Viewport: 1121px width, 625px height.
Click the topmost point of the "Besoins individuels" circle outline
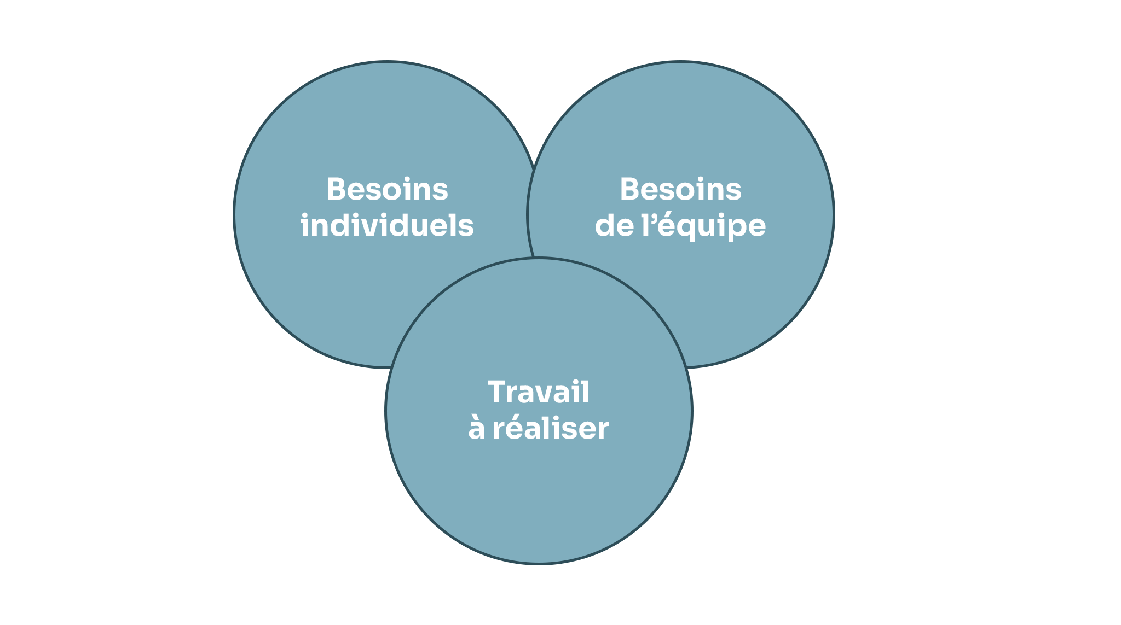click(387, 62)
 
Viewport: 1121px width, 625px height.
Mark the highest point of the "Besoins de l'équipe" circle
click(680, 62)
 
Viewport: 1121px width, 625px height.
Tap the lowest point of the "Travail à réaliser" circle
click(539, 563)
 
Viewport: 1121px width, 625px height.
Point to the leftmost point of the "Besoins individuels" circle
click(234, 214)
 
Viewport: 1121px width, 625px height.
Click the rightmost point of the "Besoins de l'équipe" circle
click(834, 214)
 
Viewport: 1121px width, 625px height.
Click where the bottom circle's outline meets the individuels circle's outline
click(390, 367)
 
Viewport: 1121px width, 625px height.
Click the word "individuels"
click(387, 225)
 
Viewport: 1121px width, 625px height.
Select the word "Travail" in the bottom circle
click(539, 392)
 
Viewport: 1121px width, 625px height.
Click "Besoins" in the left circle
click(387, 189)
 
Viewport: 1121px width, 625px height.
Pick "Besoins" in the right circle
click(680, 189)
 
